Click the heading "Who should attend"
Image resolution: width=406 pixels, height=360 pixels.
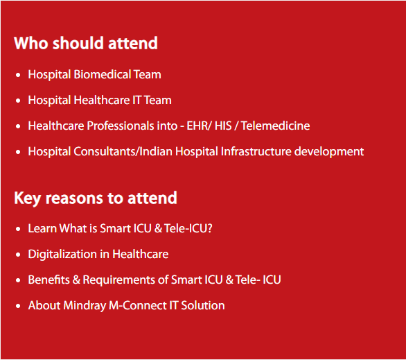point(86,43)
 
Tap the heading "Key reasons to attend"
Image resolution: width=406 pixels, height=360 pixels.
point(96,198)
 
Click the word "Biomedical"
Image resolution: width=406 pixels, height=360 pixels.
point(103,74)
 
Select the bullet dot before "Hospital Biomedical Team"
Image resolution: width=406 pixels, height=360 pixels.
point(18,75)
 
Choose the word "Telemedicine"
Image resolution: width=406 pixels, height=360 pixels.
point(276,126)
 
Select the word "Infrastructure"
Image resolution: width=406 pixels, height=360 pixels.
point(256,151)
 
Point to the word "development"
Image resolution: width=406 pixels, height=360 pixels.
point(329,152)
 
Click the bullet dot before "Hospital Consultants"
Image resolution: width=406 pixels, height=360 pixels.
point(18,152)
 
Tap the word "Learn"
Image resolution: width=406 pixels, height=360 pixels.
point(42,228)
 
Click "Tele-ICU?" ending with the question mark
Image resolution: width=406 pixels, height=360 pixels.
point(188,228)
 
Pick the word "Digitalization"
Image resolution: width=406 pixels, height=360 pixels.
point(62,255)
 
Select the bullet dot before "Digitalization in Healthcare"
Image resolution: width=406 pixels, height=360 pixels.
point(18,255)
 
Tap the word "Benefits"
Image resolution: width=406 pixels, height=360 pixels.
point(49,280)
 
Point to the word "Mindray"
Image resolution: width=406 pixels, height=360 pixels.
point(85,306)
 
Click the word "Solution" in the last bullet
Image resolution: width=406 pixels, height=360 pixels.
point(203,305)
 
